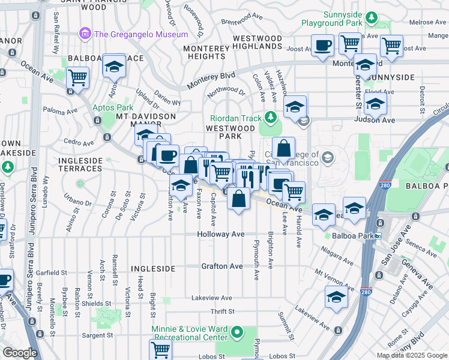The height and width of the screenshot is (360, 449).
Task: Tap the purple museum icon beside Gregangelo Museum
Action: (x=85, y=34)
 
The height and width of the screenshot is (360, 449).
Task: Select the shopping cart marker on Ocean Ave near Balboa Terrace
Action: (x=77, y=77)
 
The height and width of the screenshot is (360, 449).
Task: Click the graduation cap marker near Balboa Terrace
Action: (x=113, y=67)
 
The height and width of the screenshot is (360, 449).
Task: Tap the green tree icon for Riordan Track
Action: (x=271, y=116)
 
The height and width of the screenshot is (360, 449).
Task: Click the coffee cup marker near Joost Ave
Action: (x=322, y=46)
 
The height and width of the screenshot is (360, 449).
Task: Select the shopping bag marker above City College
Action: (x=283, y=148)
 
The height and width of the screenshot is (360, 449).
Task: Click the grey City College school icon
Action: (x=328, y=158)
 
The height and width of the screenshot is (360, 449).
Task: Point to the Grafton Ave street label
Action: (x=221, y=266)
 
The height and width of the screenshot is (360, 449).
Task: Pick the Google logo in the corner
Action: (x=19, y=353)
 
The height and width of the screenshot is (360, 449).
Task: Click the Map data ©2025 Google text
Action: (x=411, y=355)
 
